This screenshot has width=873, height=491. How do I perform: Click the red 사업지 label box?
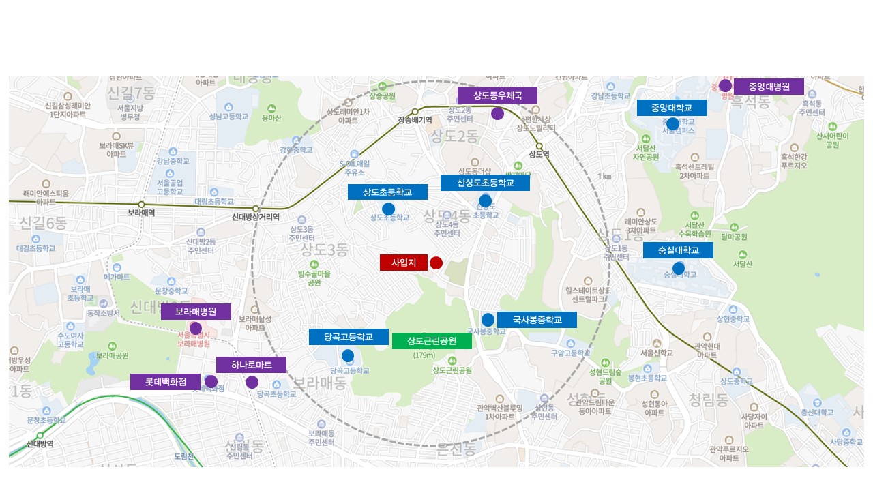tap(403, 263)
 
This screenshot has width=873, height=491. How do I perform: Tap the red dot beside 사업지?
tap(436, 263)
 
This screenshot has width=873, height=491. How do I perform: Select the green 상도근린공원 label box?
tap(431, 341)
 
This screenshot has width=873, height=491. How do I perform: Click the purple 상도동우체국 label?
tap(497, 95)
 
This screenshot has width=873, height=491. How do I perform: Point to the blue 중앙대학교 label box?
tap(671, 108)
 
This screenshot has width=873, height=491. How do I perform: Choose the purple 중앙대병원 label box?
tap(768, 87)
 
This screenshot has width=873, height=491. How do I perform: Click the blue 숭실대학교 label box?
tap(678, 250)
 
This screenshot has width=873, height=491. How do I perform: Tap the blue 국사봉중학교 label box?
tap(537, 319)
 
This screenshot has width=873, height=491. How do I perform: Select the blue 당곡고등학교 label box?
tap(348, 337)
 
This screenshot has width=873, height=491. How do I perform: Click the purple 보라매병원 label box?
tap(196, 312)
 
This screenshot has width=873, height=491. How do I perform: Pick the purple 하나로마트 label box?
tap(251, 365)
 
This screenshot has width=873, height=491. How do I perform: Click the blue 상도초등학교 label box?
tap(387, 192)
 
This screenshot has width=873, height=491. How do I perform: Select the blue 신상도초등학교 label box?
tap(485, 183)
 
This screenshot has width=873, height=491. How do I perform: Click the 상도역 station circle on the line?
tap(538, 146)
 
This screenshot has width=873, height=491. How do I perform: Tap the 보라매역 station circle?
tap(141, 205)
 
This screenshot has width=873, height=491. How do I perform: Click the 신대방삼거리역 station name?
tap(256, 218)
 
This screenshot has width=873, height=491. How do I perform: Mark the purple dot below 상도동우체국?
tap(497, 114)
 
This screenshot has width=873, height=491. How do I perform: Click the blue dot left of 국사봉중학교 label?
tap(488, 320)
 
